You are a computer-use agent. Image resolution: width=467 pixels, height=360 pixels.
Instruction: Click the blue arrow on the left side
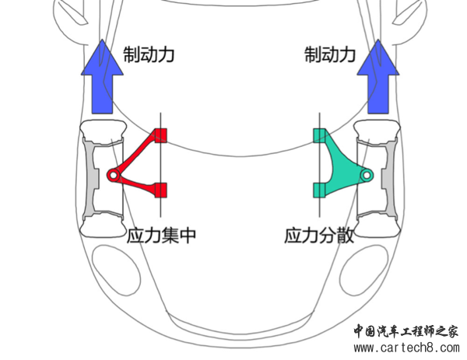[x=102, y=76]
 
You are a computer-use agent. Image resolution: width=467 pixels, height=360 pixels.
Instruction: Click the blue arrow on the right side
[x=378, y=76]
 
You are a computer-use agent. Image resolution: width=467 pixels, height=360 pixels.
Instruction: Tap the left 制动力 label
[x=149, y=54]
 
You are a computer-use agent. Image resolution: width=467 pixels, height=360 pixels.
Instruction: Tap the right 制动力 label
[x=330, y=54]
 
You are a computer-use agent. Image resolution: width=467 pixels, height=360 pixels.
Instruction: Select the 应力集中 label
[x=161, y=236]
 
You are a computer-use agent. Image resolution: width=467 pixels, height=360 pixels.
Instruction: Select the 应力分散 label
[x=319, y=236]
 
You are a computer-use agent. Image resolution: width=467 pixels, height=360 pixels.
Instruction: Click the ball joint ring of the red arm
[x=113, y=175]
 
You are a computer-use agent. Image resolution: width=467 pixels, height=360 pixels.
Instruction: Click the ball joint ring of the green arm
[x=367, y=175]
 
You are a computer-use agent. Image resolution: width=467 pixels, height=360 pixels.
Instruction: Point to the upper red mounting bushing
[x=160, y=135]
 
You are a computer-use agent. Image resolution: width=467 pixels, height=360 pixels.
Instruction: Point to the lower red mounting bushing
[x=160, y=190]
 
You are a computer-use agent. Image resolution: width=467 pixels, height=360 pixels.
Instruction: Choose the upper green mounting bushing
[x=320, y=135]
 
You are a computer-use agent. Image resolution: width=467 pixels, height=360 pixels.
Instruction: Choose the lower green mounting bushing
[x=320, y=190]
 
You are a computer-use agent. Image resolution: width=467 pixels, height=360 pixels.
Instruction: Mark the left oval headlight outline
[x=116, y=270]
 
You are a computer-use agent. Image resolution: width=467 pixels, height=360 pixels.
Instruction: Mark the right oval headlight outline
[x=364, y=270]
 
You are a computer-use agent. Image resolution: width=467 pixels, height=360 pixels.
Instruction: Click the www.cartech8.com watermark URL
[x=406, y=348]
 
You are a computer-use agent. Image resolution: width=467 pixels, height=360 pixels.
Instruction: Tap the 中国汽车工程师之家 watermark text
[x=406, y=331]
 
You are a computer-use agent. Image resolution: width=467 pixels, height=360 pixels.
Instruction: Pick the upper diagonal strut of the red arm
[x=135, y=153]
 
